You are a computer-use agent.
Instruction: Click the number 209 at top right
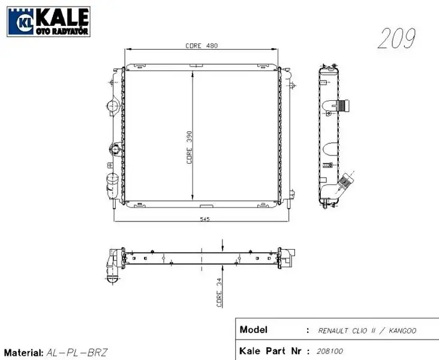(396, 39)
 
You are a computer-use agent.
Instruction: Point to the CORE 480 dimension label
(201, 46)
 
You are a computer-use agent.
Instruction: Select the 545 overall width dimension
(204, 220)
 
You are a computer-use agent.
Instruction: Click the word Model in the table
(252, 330)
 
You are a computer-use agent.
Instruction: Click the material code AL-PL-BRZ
(77, 353)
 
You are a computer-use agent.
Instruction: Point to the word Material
(23, 353)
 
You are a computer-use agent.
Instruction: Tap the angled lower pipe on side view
(345, 181)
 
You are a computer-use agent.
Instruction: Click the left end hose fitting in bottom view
(112, 267)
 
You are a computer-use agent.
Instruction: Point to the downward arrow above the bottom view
(223, 244)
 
